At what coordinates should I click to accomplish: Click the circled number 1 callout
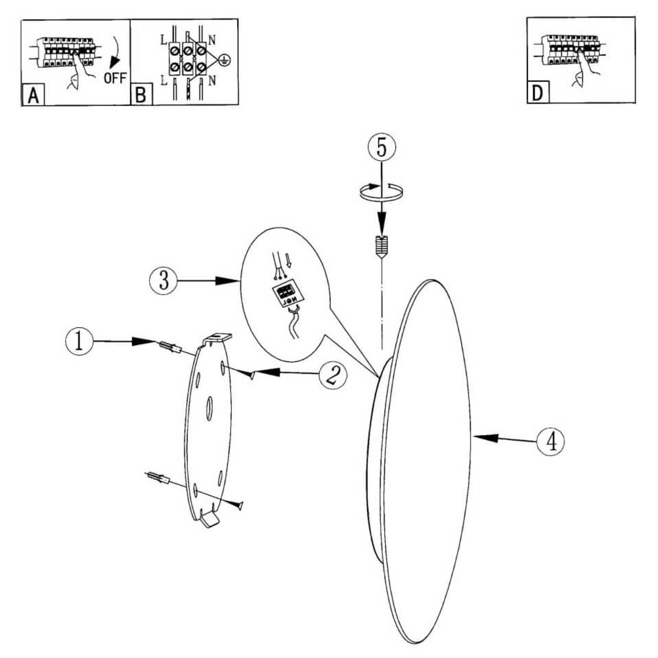79,341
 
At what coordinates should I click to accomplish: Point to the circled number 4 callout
551,440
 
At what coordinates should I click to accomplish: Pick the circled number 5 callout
381,147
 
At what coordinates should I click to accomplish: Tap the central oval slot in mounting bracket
209,409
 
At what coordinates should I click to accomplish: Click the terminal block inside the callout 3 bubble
286,295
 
